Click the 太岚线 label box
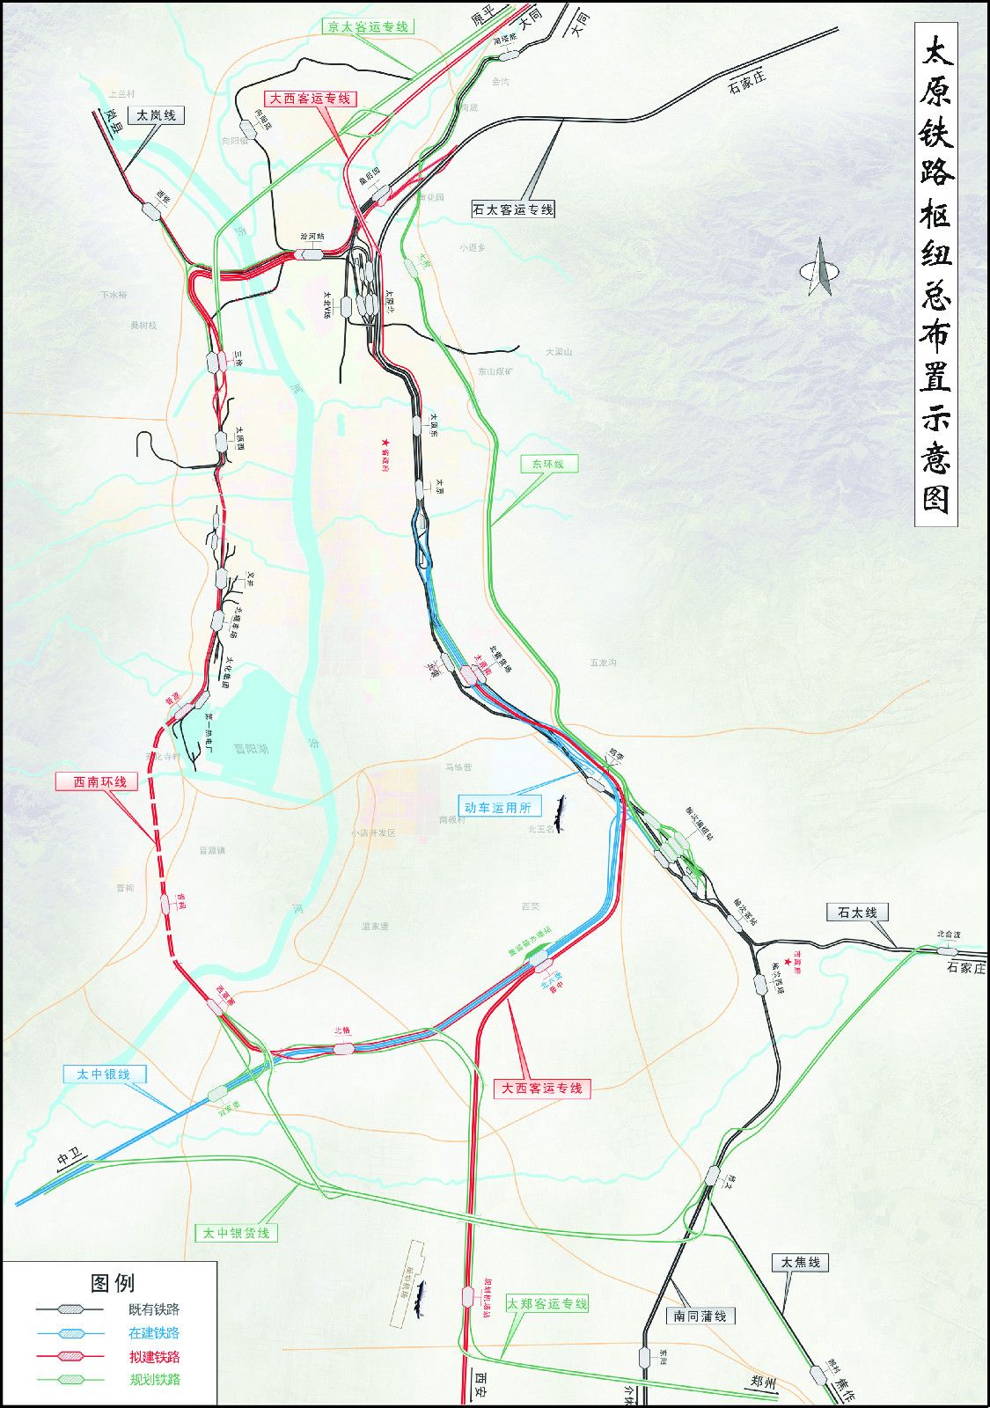156,115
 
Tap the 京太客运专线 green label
368,26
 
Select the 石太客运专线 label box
513,209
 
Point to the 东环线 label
548,464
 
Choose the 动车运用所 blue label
498,806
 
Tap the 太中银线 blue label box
103,1074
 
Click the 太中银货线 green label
236,1233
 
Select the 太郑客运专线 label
546,1303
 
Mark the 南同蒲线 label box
700,1316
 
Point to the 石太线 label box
857,912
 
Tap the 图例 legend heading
113,1283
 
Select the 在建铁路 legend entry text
154,1332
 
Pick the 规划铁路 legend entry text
154,1379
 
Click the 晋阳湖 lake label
252,749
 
